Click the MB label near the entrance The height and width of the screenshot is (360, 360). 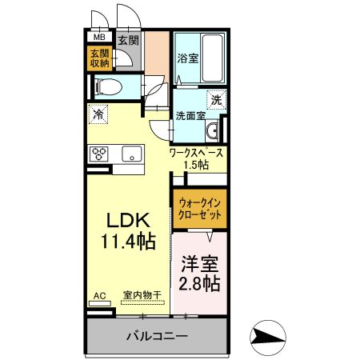click(x=100, y=37)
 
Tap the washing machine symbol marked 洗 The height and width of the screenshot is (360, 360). click(x=216, y=100)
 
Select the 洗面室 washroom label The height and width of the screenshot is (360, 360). click(x=190, y=114)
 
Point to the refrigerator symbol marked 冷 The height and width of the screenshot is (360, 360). click(x=98, y=114)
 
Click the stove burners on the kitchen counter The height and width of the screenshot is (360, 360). click(x=100, y=154)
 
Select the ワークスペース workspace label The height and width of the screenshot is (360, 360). click(x=196, y=152)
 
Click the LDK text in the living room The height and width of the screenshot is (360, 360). click(x=126, y=218)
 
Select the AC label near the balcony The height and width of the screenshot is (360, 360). click(x=99, y=295)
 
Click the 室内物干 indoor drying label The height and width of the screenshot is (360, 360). click(x=142, y=295)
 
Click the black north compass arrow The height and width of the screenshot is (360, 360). click(x=268, y=335)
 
